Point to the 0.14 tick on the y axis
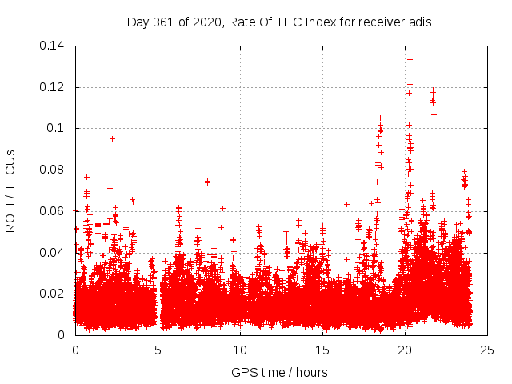[x=55, y=46]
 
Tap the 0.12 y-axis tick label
[x=55, y=87]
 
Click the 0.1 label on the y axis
[x=58, y=128]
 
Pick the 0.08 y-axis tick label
[x=55, y=170]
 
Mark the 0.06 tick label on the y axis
[x=55, y=211]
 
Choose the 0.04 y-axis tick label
[x=55, y=253]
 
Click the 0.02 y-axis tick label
[x=55, y=294]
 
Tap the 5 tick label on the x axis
[x=158, y=350]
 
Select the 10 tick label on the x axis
[x=240, y=350]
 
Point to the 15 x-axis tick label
[x=322, y=350]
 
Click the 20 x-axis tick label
[x=405, y=350]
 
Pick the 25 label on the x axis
[x=487, y=350]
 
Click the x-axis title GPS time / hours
[x=279, y=372]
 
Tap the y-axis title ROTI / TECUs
[x=10, y=190]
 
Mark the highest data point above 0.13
[x=410, y=59]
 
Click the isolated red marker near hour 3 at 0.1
[x=126, y=130]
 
